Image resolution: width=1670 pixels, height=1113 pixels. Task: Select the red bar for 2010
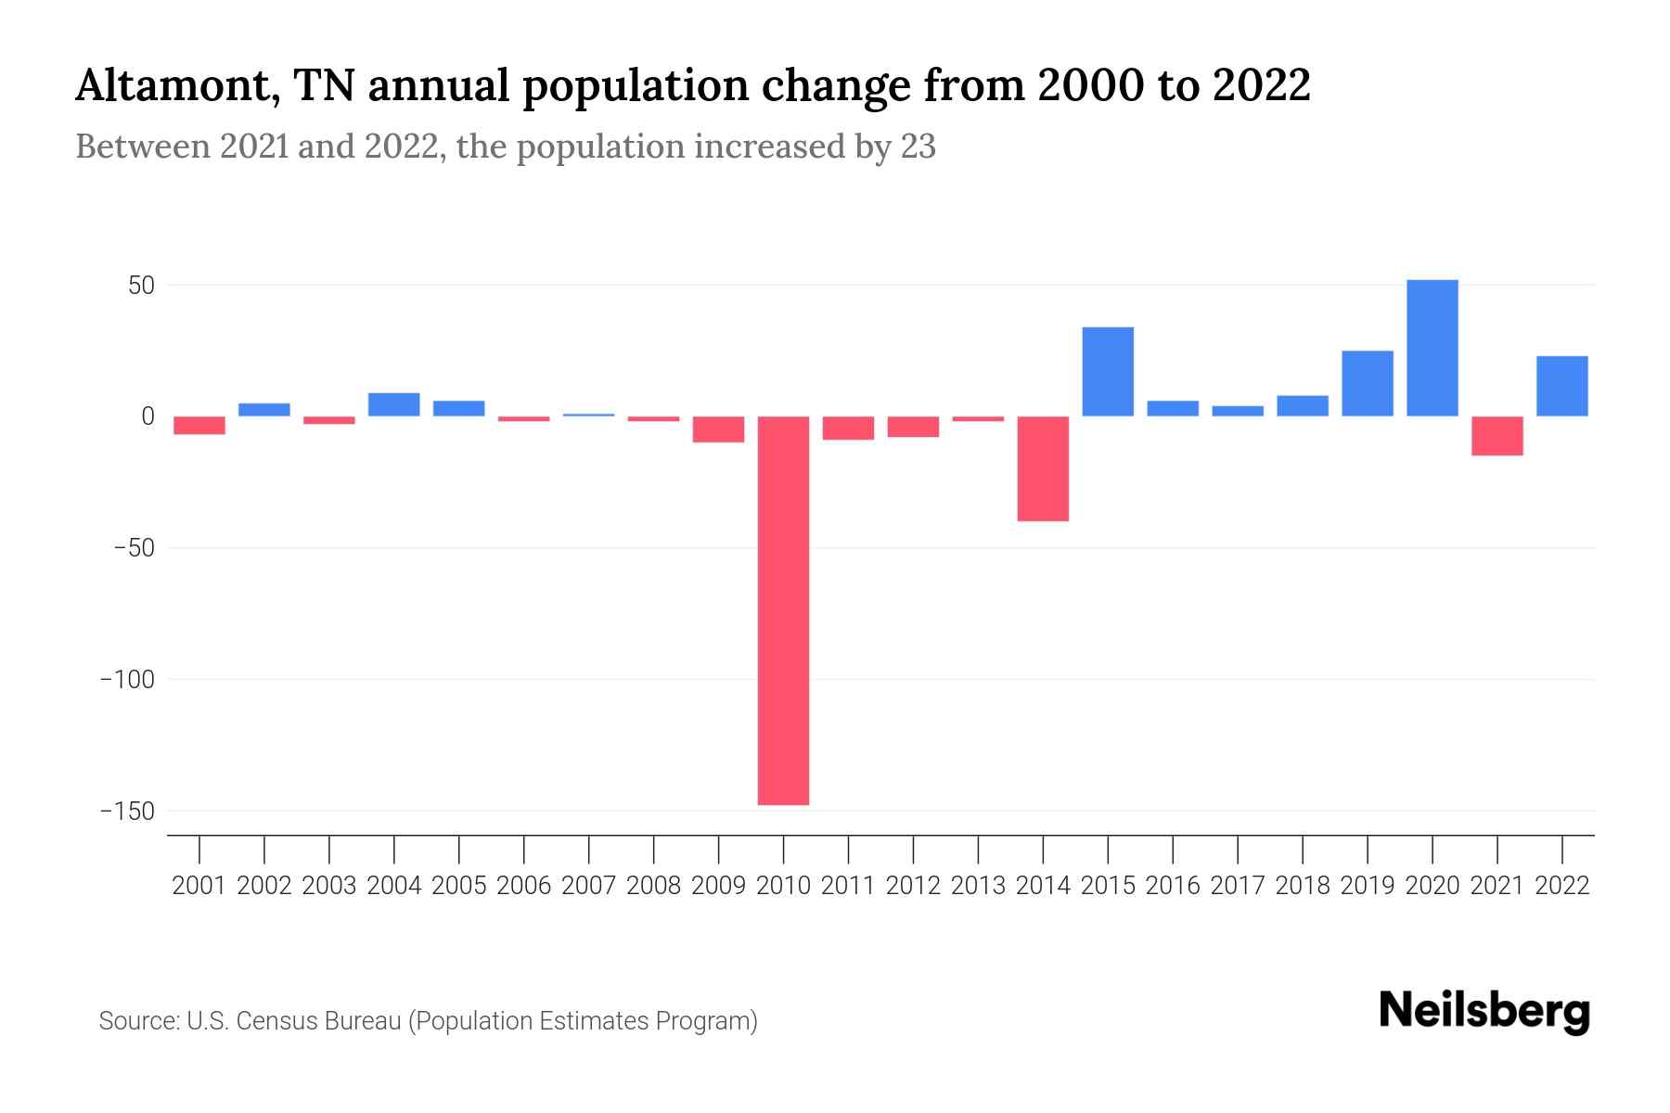pos(783,610)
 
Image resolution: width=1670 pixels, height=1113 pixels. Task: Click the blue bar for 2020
pos(1432,348)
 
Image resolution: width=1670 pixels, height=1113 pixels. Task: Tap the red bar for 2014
pos(1043,468)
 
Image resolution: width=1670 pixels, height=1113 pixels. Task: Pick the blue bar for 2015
pos(1108,371)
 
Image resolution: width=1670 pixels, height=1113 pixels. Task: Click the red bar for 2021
pos(1497,436)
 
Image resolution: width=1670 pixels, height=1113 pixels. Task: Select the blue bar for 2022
pos(1561,386)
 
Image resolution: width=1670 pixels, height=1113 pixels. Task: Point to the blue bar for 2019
pos(1367,383)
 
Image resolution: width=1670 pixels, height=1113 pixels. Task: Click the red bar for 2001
pos(199,425)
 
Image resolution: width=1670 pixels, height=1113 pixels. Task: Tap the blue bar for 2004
pos(393,404)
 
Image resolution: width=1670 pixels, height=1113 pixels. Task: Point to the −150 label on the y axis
pos(126,812)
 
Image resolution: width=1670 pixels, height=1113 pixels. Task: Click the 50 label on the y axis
pos(141,286)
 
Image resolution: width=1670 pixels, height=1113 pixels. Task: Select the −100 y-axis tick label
pos(126,680)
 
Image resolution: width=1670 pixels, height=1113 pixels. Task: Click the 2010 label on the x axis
pos(783,886)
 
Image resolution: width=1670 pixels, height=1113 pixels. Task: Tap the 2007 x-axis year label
pos(588,886)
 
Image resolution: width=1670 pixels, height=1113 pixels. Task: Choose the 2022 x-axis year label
pos(1561,886)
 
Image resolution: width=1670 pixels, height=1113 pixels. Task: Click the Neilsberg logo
pos(1484,1012)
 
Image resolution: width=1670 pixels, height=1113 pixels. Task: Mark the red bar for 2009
pos(718,429)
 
